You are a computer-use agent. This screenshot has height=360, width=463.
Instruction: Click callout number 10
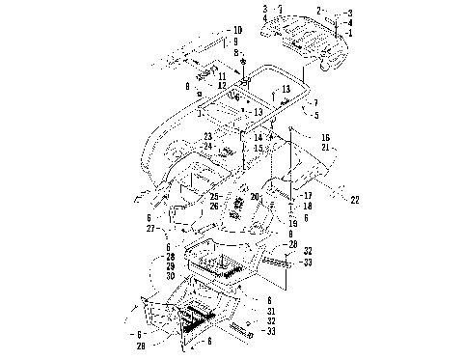(237, 31)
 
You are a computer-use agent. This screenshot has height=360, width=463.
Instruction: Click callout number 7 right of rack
(313, 103)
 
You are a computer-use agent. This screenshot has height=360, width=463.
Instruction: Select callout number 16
(326, 138)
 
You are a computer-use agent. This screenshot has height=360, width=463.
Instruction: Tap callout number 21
(326, 148)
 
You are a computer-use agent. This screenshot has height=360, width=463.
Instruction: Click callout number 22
(354, 200)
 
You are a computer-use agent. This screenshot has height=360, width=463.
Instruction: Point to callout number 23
(207, 137)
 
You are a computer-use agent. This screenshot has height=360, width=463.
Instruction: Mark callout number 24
(207, 147)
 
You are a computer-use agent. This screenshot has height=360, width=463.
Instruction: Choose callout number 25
(213, 196)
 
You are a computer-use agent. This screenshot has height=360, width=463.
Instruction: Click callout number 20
(255, 196)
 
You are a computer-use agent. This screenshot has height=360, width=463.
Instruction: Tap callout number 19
(293, 223)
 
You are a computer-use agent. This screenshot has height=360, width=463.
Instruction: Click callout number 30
(171, 276)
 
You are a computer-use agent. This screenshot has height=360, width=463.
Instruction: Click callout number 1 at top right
(350, 34)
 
